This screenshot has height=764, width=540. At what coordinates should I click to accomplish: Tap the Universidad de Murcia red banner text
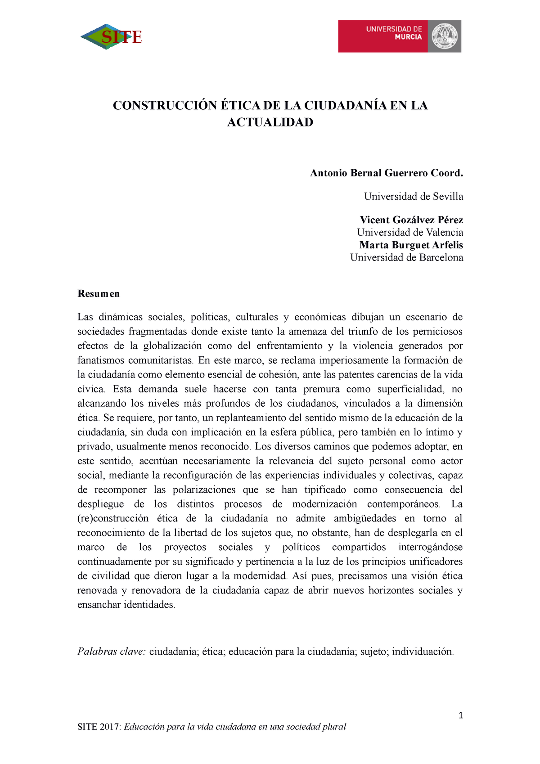coord(394,33)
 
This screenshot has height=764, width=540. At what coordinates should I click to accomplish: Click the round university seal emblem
coord(444,36)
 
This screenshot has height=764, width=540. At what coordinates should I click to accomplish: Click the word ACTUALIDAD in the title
coord(270,122)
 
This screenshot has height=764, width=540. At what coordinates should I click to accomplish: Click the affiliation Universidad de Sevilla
coord(413,197)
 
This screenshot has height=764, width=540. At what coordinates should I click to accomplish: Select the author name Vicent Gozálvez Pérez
coord(411,220)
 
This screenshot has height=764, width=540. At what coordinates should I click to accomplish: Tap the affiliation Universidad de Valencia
coord(410,233)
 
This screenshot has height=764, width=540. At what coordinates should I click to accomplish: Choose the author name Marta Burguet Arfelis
coord(411,245)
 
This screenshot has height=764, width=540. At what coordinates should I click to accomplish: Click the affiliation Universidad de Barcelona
coord(406,258)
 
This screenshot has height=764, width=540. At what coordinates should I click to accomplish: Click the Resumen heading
coord(99,294)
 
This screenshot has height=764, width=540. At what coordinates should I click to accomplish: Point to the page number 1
coord(460,716)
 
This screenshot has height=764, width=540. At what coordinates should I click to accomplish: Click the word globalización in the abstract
coord(172,346)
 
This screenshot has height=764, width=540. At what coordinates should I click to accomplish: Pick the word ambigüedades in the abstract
coord(364,519)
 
